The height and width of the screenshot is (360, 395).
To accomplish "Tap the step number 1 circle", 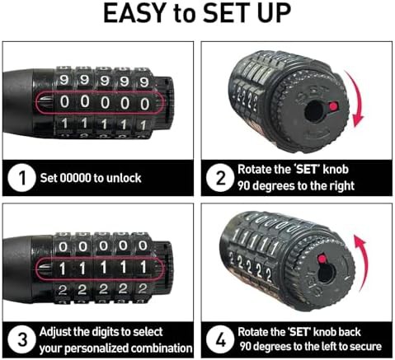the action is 21,178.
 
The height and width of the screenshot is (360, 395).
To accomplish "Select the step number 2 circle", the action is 220,178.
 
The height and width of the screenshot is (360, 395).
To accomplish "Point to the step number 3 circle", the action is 21,340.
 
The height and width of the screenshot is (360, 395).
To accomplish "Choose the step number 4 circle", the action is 220,340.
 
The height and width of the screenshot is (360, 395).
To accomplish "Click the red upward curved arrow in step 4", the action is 362,264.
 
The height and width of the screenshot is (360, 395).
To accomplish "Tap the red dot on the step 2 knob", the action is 333,106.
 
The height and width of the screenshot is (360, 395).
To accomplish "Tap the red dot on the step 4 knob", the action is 322,259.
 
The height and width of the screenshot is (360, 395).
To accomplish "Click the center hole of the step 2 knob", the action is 315,111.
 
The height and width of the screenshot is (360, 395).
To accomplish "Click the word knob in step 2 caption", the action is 336,170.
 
